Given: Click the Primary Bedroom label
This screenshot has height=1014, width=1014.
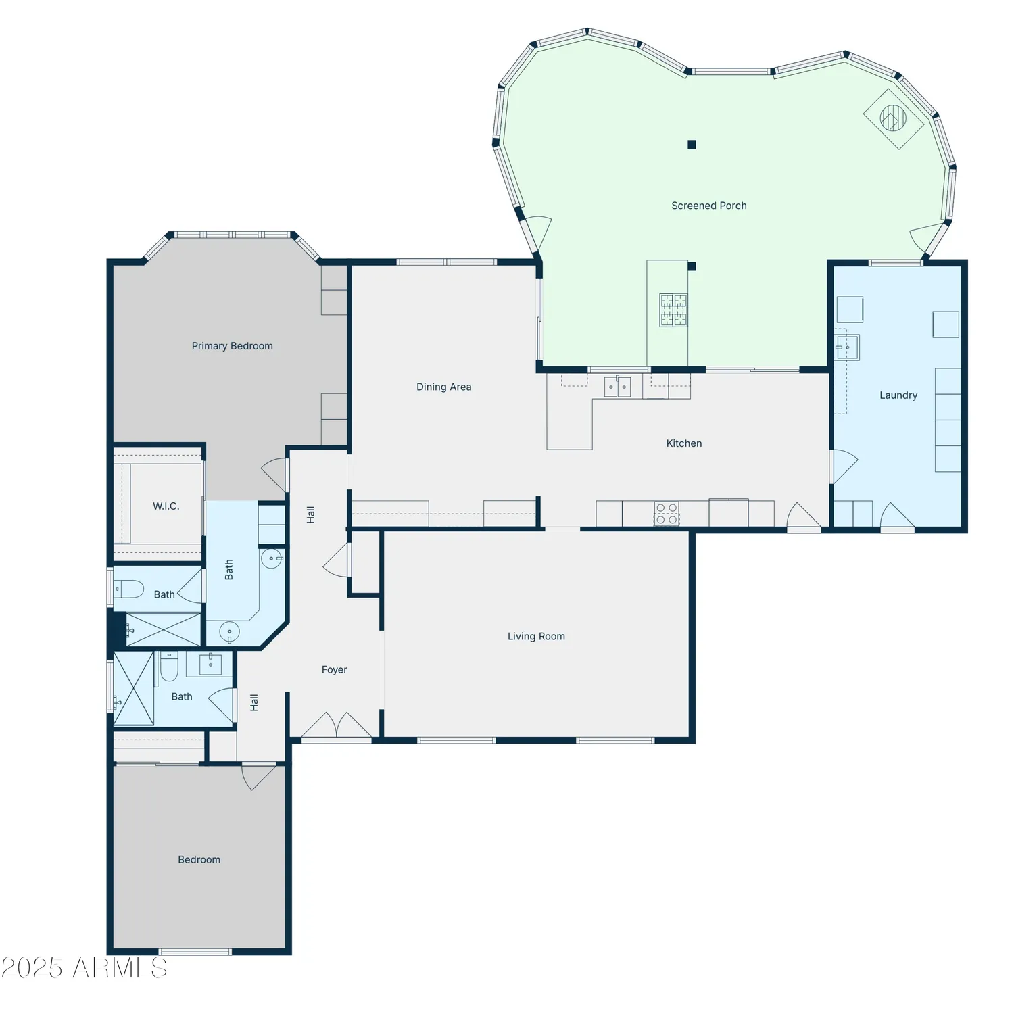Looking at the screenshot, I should point(232,346).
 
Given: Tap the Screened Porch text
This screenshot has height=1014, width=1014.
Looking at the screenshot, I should point(708,206).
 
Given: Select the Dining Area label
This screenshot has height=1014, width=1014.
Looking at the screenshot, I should point(443,387).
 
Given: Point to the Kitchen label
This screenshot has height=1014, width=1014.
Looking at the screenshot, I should point(683,443).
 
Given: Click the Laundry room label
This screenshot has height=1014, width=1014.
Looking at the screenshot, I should point(898,395).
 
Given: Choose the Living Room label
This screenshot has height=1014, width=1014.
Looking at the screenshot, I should point(536,636).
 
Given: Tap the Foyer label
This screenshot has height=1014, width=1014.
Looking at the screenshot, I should point(334,669).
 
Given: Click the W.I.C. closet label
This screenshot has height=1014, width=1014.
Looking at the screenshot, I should point(166,506).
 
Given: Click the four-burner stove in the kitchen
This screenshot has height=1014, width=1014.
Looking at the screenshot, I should point(667,514).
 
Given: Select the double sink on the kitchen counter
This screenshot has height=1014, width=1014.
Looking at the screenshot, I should point(617,387).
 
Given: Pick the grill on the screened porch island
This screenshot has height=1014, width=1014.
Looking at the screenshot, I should point(673,310).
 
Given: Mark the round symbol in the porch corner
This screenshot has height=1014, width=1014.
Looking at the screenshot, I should point(893,118).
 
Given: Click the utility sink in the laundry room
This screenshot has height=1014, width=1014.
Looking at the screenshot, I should point(847,347).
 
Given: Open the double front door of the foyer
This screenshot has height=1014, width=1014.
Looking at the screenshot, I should point(336,726).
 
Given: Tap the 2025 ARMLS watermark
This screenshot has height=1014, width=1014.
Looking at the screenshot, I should point(84,968).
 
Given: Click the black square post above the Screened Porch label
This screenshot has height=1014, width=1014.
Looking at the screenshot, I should point(692,145).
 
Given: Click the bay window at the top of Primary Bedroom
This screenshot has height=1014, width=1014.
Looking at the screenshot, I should point(232,235).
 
